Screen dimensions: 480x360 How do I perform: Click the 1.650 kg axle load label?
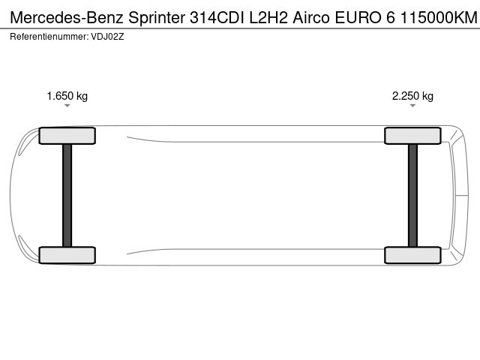67,96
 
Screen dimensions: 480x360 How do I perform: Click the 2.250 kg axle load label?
412,96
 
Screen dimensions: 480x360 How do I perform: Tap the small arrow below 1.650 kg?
67,106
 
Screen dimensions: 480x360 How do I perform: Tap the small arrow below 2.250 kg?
412,106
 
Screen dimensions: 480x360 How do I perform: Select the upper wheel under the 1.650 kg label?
67,136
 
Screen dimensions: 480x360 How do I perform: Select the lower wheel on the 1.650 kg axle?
67,255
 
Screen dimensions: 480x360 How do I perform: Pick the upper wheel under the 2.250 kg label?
412,136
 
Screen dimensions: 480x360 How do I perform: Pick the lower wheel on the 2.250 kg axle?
412,255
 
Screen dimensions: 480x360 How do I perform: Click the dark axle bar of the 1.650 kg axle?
67,195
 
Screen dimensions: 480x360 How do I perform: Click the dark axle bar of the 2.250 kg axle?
412,195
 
